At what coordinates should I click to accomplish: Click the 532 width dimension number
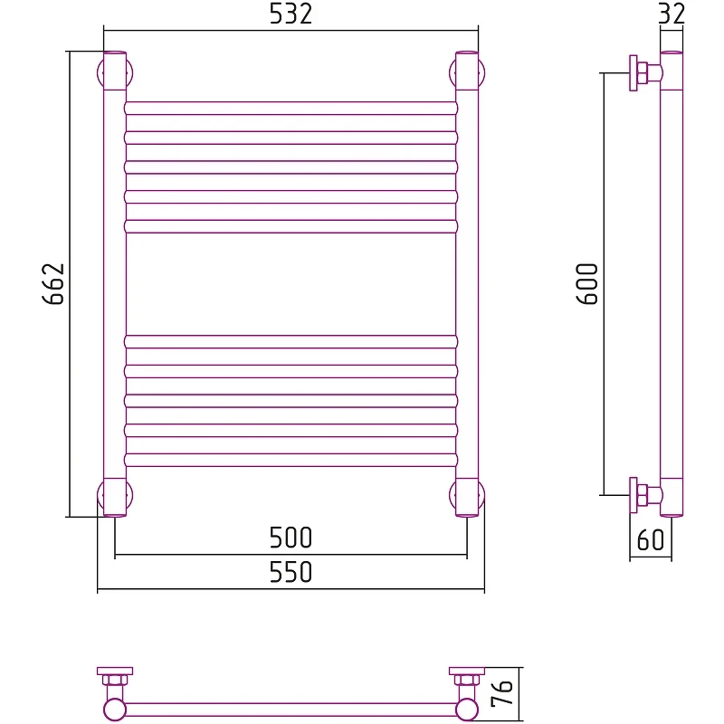291,14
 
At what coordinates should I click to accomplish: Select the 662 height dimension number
53,284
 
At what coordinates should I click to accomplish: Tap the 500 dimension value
291,538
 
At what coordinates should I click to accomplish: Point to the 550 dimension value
291,572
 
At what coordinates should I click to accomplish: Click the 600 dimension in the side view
586,284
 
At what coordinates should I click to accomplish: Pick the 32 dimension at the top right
672,14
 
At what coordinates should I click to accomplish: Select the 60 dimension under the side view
651,539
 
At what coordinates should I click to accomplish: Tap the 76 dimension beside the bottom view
502,693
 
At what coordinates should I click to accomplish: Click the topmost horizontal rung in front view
291,108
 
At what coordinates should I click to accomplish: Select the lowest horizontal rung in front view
291,460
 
